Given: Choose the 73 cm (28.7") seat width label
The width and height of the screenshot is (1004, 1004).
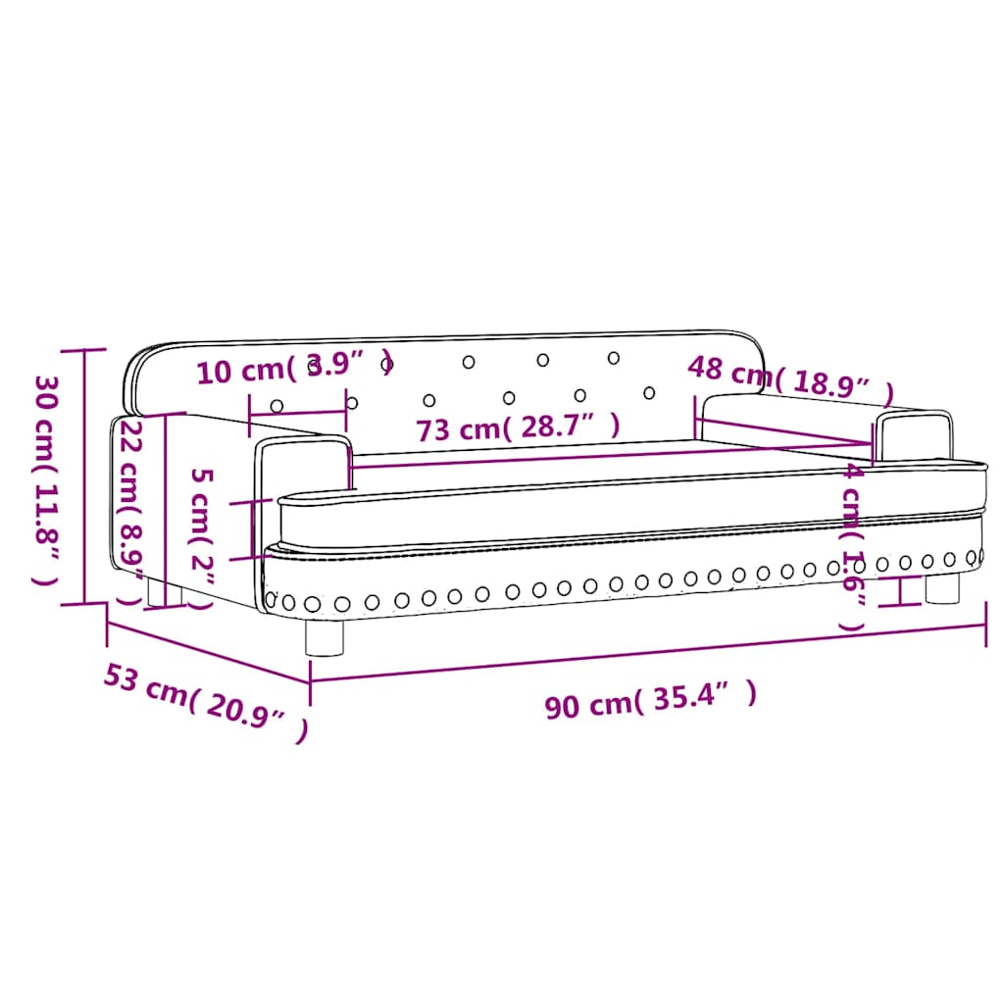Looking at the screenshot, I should [x=518, y=428].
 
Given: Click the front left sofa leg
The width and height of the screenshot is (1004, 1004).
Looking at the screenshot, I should [x=325, y=637].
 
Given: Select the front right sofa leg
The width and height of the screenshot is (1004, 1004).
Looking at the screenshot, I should [x=942, y=588].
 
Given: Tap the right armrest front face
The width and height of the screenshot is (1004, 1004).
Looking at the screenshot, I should [x=912, y=436].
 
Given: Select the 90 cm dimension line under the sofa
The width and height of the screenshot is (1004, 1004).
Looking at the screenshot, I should [x=647, y=653].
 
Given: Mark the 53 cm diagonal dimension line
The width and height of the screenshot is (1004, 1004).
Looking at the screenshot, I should [x=207, y=653].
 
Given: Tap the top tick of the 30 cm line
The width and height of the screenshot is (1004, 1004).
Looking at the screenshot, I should [x=84, y=350].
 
